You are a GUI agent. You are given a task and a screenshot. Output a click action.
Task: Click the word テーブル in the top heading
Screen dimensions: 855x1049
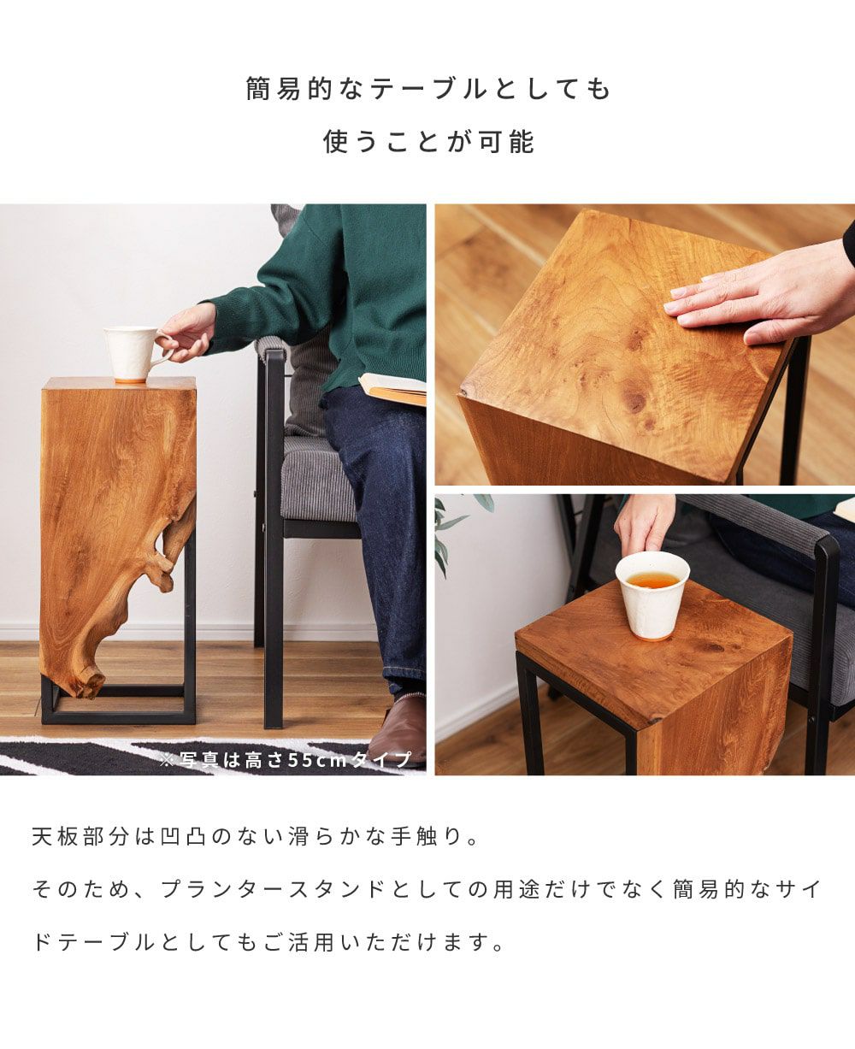(x=428, y=90)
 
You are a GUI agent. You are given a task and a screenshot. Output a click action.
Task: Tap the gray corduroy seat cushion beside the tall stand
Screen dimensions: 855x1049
(x=319, y=480)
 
